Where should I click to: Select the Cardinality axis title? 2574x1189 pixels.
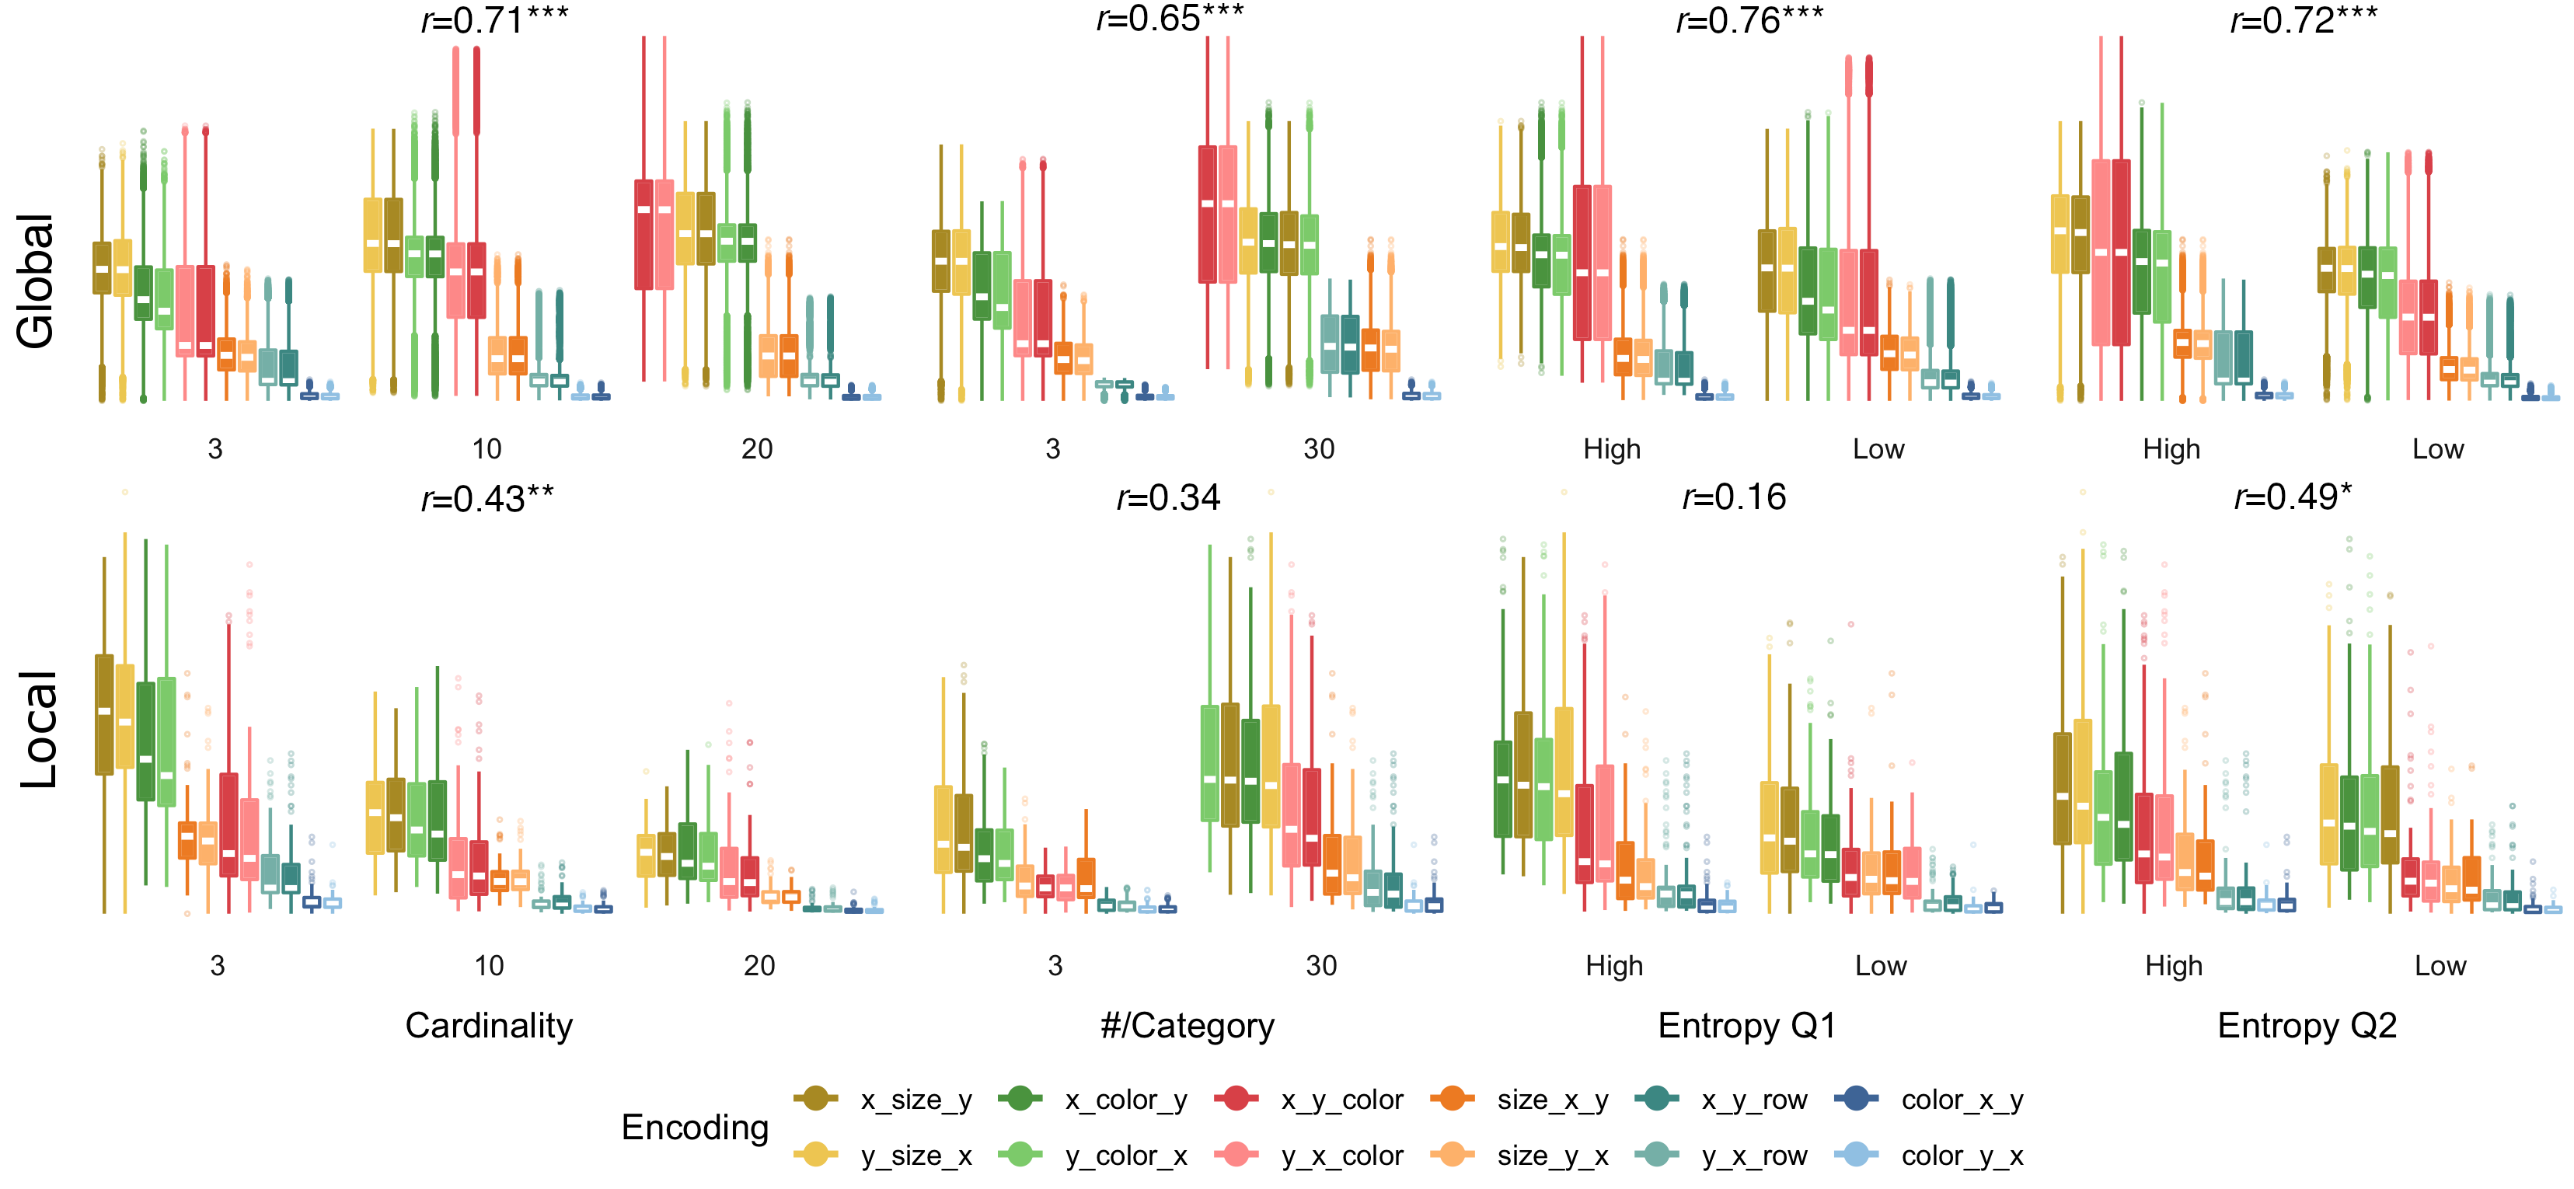pyautogui.click(x=489, y=1026)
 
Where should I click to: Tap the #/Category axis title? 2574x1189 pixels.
pyautogui.click(x=1187, y=1026)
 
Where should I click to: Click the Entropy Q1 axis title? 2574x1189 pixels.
pyautogui.click(x=1746, y=1026)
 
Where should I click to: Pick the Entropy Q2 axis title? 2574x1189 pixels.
pyautogui.click(x=2307, y=1026)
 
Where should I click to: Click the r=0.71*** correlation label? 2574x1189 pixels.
pyautogui.click(x=494, y=20)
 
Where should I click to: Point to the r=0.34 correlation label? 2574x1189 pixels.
pyautogui.click(x=1168, y=497)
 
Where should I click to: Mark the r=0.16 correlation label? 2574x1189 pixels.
pyautogui.click(x=1734, y=497)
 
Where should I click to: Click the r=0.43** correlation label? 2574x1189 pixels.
pyautogui.click(x=487, y=497)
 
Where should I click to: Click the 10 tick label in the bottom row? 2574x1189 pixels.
pyautogui.click(x=489, y=966)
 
